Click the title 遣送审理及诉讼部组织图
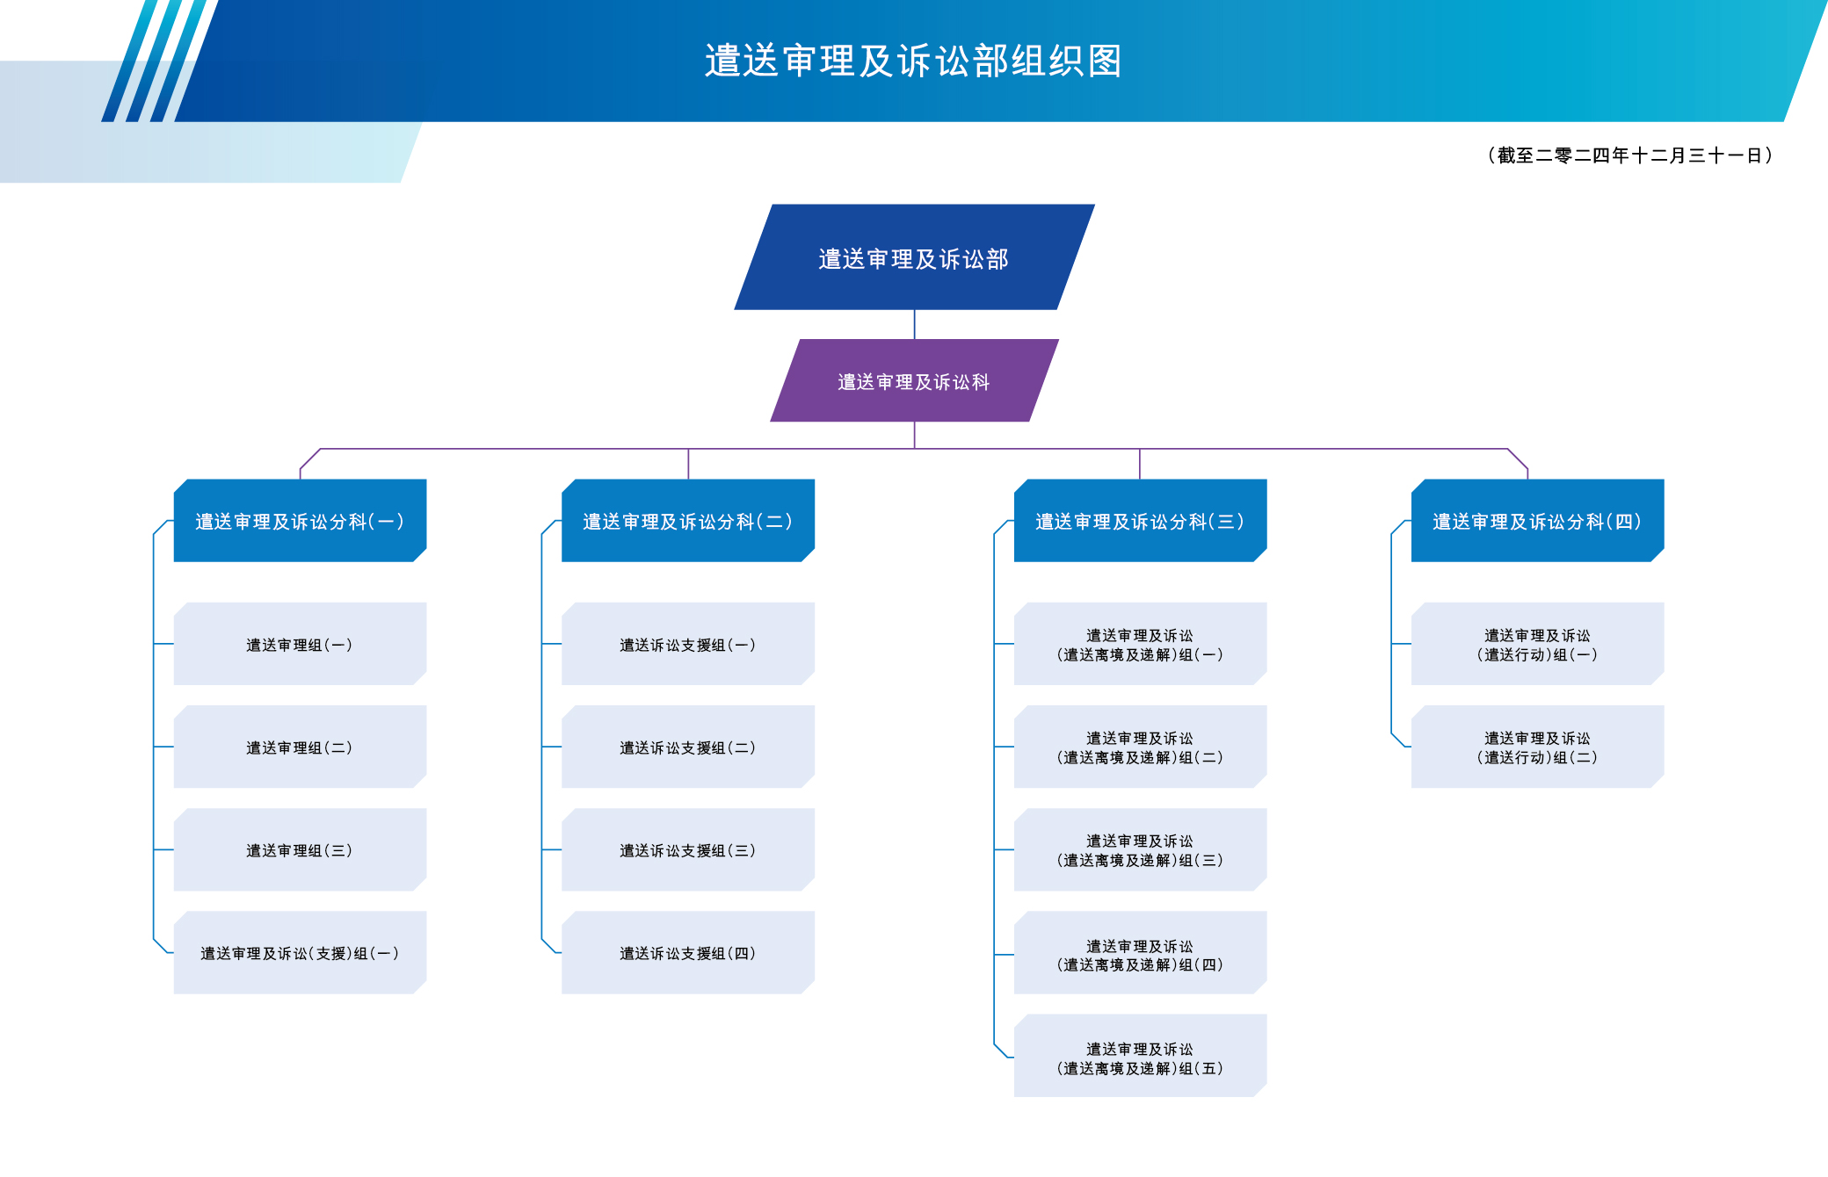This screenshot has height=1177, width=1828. pyautogui.click(x=913, y=61)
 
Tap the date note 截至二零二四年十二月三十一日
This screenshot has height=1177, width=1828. pyautogui.click(x=1630, y=155)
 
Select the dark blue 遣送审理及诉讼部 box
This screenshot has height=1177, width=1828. pyautogui.click(x=914, y=258)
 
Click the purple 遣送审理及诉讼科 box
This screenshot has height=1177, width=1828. pyautogui.click(x=914, y=381)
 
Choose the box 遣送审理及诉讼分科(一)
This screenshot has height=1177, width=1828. pyautogui.click(x=300, y=521)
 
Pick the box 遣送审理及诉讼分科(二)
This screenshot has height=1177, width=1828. pyautogui.click(x=687, y=521)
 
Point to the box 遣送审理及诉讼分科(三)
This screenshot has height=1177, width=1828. pyautogui.click(x=1140, y=521)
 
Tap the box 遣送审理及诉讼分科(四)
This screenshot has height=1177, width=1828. pyautogui.click(x=1537, y=521)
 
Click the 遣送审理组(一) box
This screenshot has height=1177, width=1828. pyautogui.click(x=300, y=644)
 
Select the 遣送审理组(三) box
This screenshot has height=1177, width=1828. pyautogui.click(x=300, y=849)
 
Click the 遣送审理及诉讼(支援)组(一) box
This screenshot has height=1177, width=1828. pyautogui.click(x=300, y=952)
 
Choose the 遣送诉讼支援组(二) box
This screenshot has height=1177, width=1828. pyautogui.click(x=687, y=747)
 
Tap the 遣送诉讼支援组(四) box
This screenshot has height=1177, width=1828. pyautogui.click(x=687, y=952)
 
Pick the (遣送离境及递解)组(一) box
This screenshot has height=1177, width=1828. pyautogui.click(x=1140, y=644)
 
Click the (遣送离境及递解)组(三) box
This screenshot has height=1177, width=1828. pyautogui.click(x=1140, y=849)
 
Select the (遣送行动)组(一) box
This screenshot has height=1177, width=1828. pyautogui.click(x=1537, y=644)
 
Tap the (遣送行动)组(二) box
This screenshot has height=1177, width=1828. pyautogui.click(x=1537, y=747)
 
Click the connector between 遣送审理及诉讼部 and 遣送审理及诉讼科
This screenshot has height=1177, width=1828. pyautogui.click(x=915, y=324)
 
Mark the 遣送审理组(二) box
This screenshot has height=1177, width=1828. pyautogui.click(x=300, y=747)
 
